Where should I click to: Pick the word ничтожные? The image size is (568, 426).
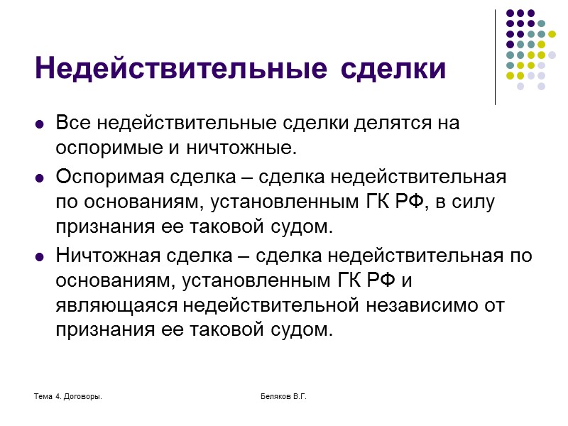click(241, 149)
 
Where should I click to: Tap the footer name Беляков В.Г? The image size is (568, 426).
click(283, 395)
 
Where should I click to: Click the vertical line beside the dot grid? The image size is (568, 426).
click(495, 57)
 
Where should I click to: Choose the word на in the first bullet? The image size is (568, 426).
click(449, 123)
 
